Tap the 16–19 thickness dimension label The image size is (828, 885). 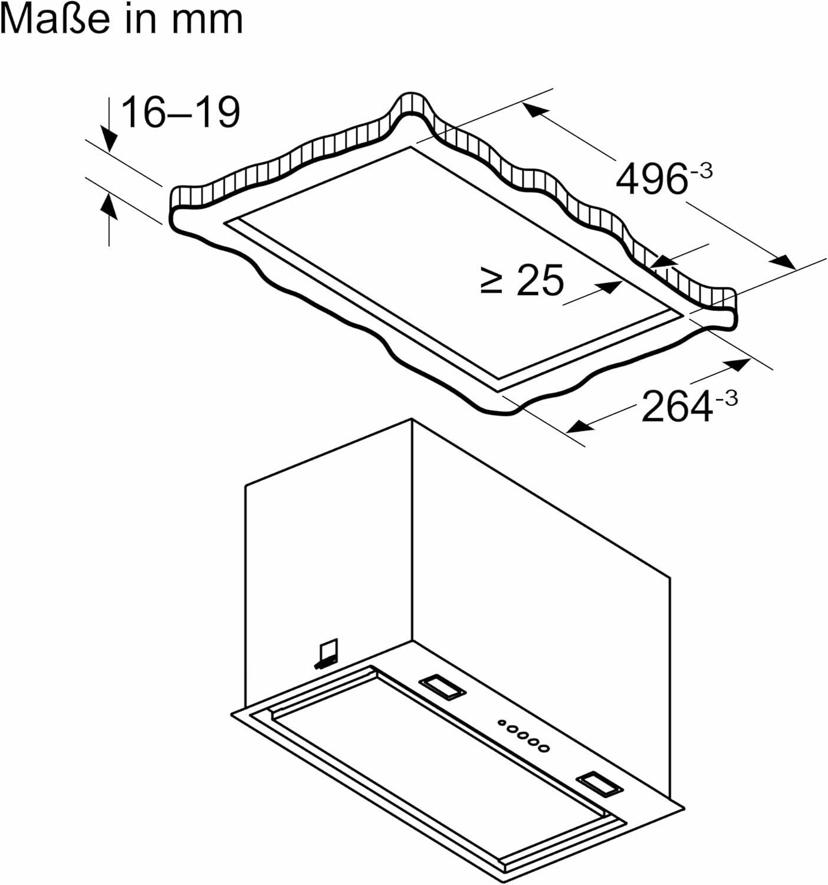180,113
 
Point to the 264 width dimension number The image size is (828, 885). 676,406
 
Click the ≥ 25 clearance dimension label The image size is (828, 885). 523,280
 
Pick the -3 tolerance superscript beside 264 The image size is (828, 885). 725,398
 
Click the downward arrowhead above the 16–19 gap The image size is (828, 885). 109,139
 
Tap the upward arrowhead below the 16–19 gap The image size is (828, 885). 109,205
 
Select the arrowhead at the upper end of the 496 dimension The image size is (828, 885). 535,110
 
